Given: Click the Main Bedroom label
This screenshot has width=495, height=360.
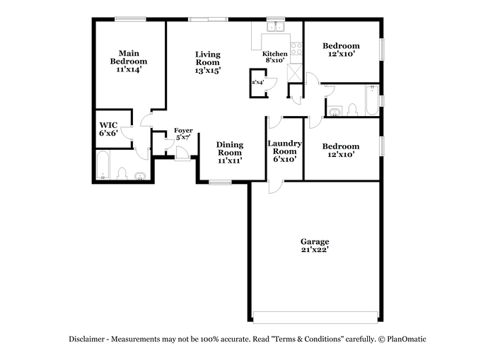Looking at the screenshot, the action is point(129,57).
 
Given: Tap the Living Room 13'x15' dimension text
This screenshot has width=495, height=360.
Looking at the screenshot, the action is point(207,71).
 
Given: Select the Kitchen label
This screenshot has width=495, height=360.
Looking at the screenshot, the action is point(274,54).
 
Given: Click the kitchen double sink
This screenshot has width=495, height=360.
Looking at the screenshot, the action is point(276,27).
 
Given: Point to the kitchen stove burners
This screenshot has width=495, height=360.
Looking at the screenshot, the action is point(296,49).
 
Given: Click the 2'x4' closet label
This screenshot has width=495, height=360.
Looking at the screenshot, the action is point(257,83).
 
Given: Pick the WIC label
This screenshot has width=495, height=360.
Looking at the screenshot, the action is point(108,125).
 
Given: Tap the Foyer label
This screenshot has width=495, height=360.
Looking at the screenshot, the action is point(183,130).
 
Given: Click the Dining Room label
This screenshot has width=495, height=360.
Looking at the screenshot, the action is point(230,149).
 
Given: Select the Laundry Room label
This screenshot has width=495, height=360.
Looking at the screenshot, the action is point(284,147).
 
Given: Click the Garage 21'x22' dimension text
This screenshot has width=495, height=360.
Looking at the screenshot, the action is point(315,250).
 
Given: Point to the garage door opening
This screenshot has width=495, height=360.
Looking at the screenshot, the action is point(315,318).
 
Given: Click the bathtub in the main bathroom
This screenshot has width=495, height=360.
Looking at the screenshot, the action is point(103,166).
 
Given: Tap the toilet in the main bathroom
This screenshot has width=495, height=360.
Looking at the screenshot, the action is point(122,174).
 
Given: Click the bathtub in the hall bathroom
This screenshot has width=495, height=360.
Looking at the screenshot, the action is point(372,100).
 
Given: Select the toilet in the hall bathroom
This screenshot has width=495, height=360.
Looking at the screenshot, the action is point(352,110).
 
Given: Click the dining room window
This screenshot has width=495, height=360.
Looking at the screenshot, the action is point(220,182).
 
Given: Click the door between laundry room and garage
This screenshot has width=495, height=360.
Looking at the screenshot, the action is point(276,187).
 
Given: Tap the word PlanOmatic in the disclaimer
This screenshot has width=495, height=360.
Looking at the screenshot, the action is point(407,339).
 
